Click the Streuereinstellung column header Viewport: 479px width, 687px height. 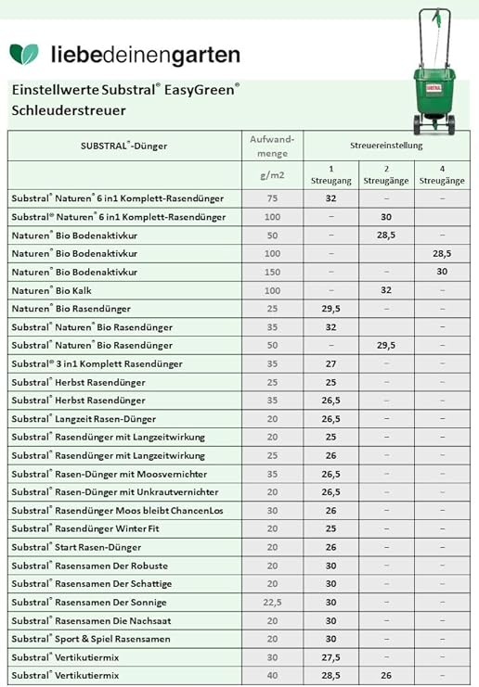click(386, 146)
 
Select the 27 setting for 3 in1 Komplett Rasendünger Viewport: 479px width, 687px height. click(330, 363)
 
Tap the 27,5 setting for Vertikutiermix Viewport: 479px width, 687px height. click(330, 657)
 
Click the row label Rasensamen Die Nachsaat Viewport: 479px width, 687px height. click(91, 620)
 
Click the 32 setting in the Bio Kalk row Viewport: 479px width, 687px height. click(385, 290)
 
